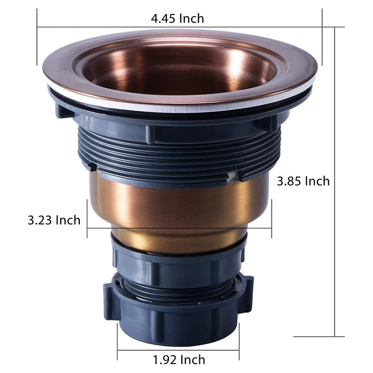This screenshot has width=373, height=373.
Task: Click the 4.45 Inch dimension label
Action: [178, 18]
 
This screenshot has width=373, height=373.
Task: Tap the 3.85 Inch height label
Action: [303, 181]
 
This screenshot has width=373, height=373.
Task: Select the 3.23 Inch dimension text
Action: [54, 220]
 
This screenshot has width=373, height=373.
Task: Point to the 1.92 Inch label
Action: [179, 360]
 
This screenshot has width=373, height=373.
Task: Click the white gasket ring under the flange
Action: [180, 108]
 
